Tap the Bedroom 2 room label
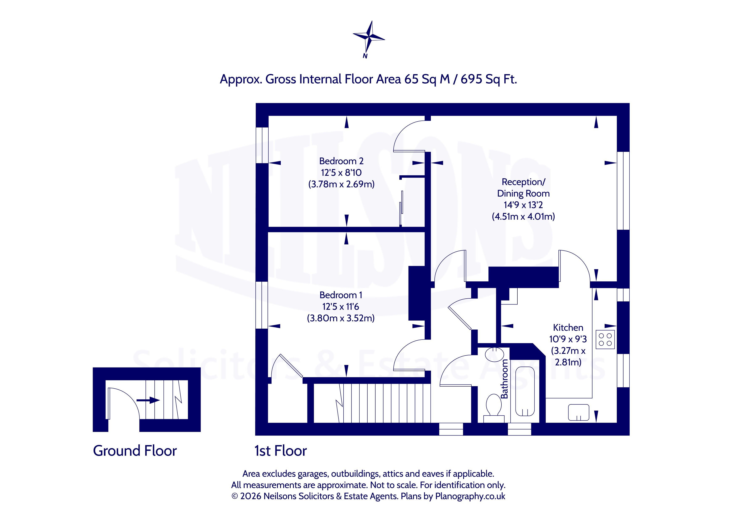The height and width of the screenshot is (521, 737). click(341, 161)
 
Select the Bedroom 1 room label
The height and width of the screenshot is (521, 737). click(341, 295)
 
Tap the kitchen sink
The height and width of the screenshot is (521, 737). click(578, 412)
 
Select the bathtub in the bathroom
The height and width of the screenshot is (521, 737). click(525, 391)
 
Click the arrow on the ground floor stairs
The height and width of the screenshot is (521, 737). click(148, 400)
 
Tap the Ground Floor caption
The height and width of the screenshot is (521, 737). click(135, 451)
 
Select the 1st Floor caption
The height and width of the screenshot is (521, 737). click(281, 451)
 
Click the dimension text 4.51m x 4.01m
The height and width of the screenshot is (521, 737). click(523, 217)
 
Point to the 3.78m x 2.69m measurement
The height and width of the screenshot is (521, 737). click(341, 184)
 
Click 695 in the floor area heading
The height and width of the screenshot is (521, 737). click(472, 79)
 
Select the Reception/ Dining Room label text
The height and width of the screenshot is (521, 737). click(523, 188)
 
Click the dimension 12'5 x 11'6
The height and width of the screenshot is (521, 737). click(341, 307)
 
